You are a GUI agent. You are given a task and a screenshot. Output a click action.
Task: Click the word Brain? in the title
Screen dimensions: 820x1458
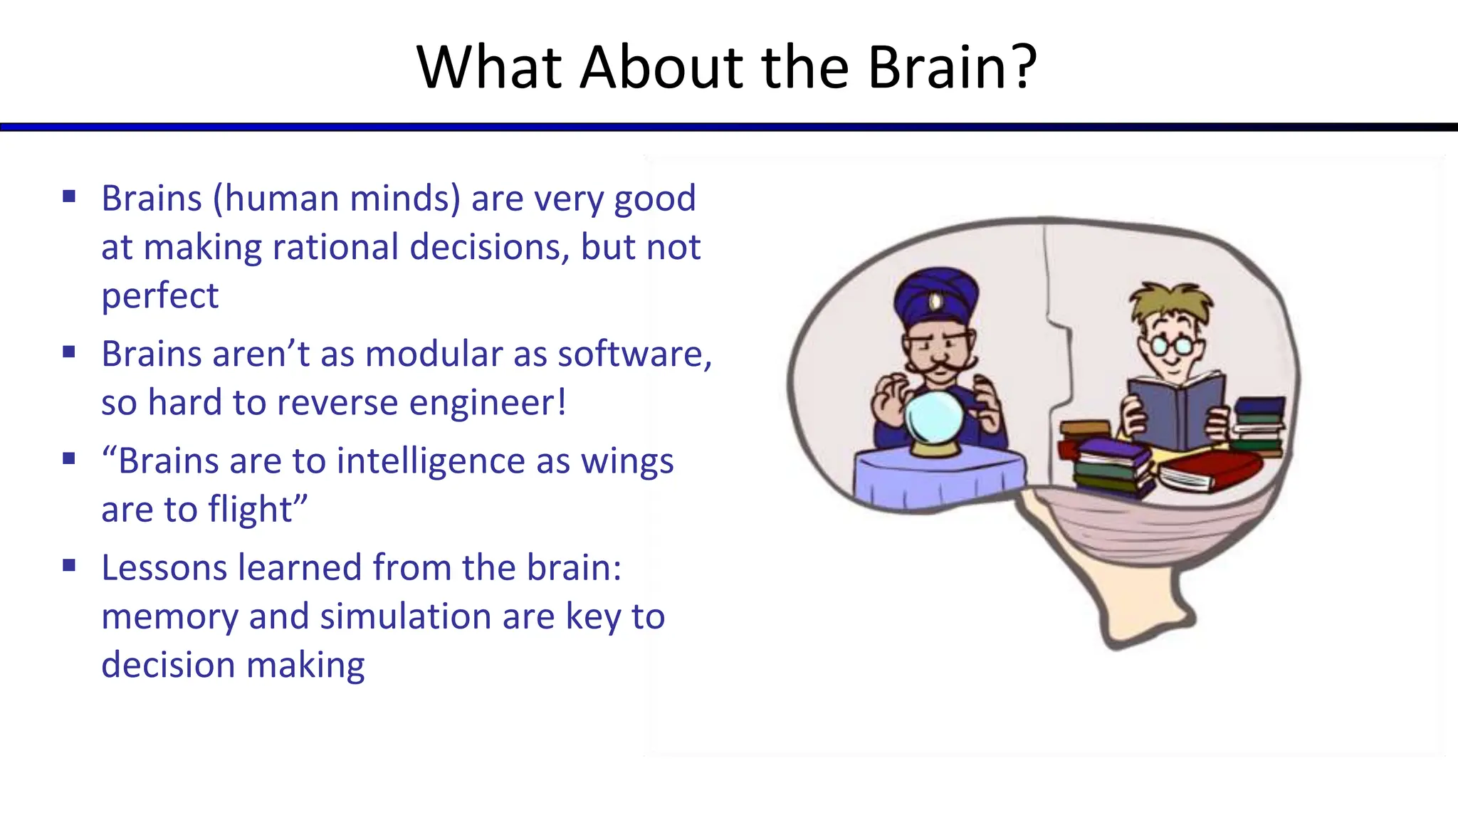(952, 68)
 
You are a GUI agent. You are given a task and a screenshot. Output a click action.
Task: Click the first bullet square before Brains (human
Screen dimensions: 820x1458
(69, 196)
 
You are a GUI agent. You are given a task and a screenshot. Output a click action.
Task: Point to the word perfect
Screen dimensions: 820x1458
(159, 297)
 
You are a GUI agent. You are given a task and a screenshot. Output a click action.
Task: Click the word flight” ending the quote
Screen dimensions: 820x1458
(258, 510)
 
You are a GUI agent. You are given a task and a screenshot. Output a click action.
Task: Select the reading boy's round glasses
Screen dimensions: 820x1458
(1170, 345)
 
